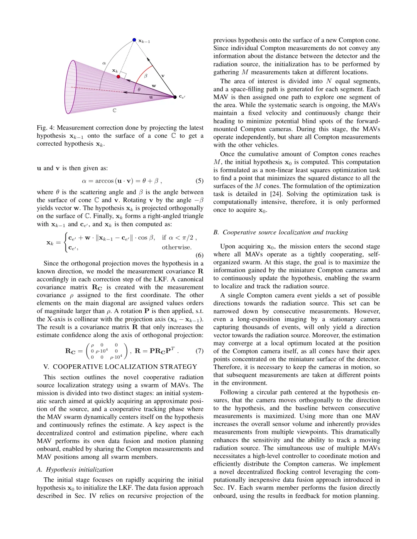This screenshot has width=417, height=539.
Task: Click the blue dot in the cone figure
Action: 134,40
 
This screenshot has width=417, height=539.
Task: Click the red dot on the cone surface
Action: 119,77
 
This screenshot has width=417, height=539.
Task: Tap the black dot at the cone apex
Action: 175,97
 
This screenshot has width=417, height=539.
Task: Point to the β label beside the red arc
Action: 146,76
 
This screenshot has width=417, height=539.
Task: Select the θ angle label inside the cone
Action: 139,89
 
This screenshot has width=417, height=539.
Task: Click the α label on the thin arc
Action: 104,63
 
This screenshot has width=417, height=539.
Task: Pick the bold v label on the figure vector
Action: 163,76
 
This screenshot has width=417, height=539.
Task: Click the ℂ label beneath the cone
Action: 114,111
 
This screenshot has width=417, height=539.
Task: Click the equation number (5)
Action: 199,181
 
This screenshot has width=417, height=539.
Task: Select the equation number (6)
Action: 199,255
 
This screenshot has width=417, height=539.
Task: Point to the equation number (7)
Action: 199,351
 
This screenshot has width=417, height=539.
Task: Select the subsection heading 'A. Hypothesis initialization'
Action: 75,470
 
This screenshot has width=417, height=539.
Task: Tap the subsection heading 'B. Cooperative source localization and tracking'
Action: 280,232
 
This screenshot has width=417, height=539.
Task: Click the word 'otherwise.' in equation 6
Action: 176,248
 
